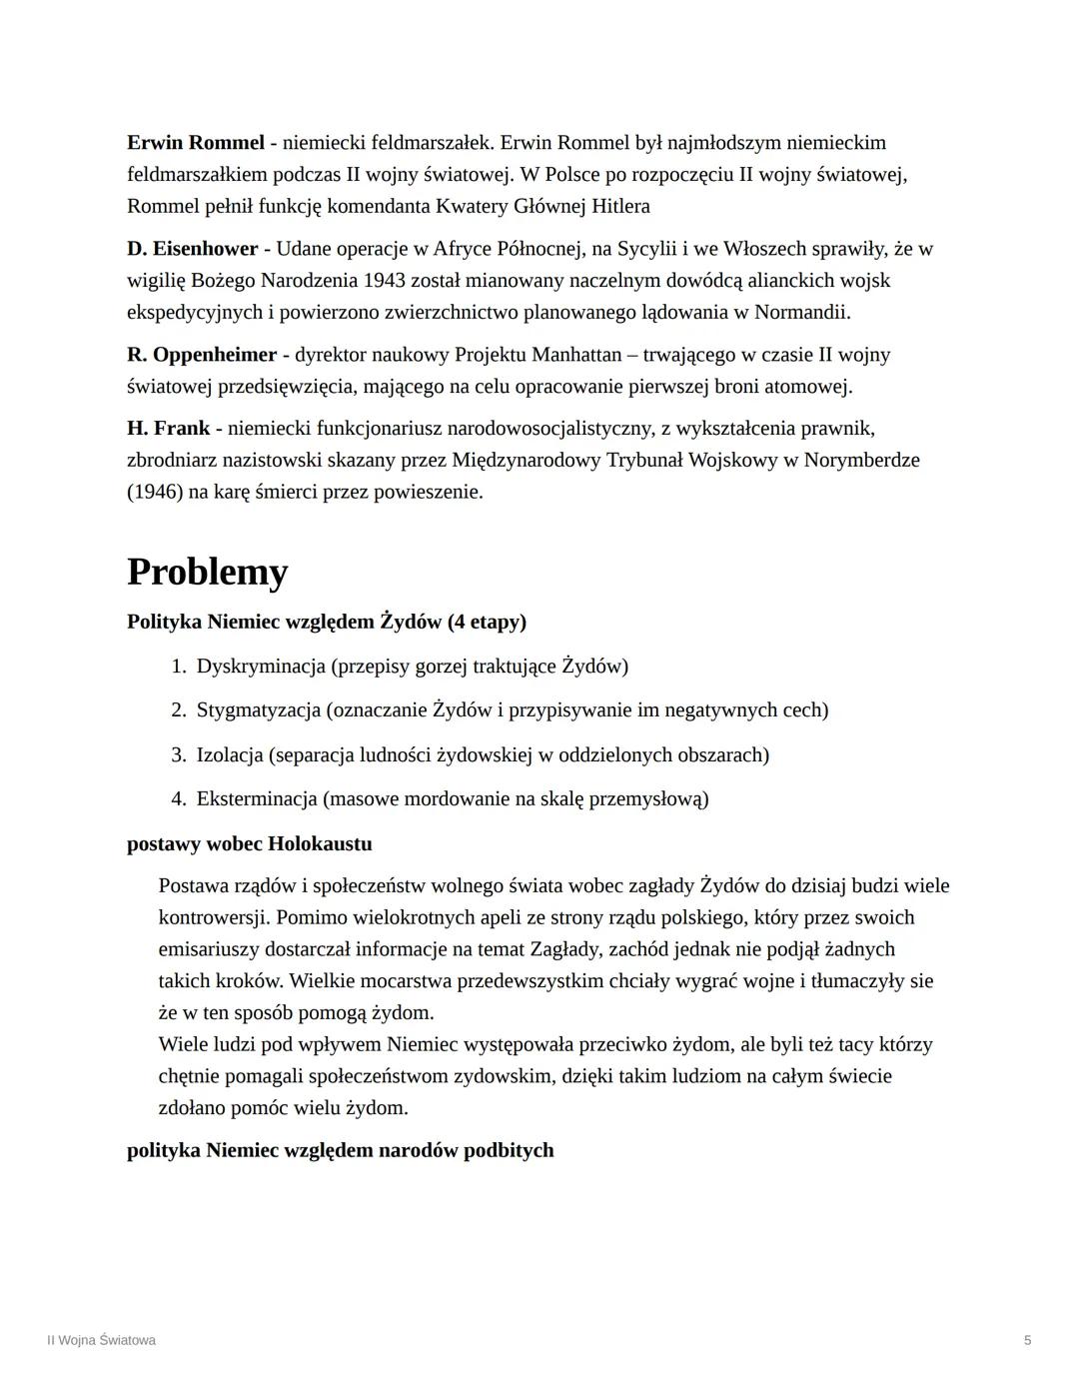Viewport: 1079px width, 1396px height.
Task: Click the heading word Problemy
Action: pos(207,572)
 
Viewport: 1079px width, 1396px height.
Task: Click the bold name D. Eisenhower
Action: pos(192,248)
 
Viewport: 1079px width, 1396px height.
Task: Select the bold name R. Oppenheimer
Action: pos(202,354)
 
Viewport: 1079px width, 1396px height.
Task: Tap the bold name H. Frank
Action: pos(168,428)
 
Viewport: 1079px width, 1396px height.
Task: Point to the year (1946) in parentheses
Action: pos(155,492)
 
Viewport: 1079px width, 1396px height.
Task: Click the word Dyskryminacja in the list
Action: pos(261,666)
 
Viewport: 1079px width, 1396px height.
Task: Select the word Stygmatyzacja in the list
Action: pos(258,709)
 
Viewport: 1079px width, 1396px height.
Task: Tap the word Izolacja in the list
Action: pos(229,753)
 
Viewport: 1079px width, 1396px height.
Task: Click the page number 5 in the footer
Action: pos(1027,1340)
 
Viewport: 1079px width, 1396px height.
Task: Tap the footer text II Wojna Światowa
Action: pos(101,1340)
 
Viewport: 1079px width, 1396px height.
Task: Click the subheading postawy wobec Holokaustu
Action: pos(249,843)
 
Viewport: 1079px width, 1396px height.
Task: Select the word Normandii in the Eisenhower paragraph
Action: pos(802,312)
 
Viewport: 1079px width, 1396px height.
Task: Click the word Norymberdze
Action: pos(862,460)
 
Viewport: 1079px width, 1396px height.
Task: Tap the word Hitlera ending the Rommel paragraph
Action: pos(619,206)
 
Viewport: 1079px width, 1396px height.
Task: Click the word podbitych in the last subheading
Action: pos(509,1149)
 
